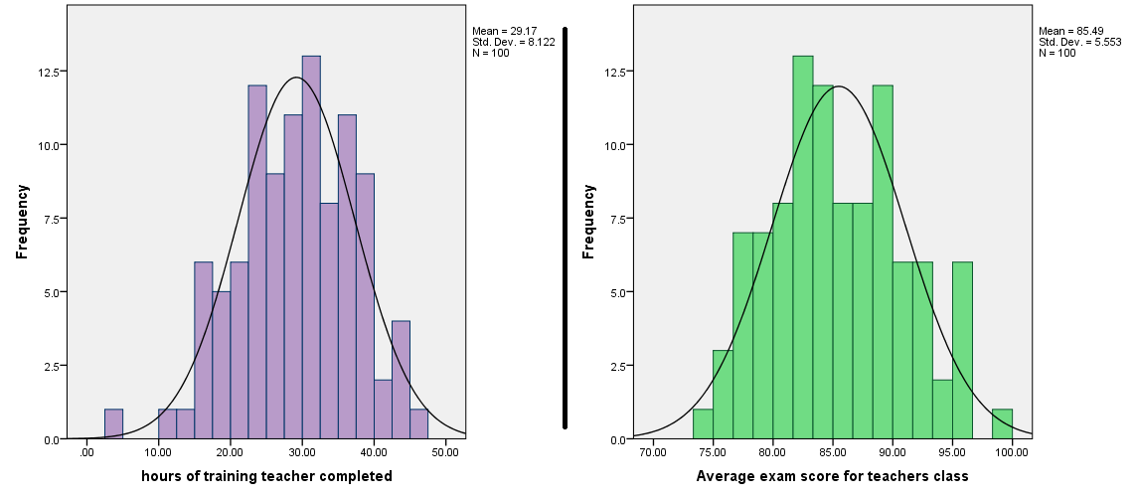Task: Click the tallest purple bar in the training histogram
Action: pos(311,248)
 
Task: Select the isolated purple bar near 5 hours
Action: pos(113,424)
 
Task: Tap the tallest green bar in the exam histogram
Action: pos(803,248)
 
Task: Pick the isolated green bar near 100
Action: pos(1002,424)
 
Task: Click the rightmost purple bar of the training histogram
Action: pos(418,424)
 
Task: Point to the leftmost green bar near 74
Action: pos(703,424)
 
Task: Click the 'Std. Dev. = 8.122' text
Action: pos(514,42)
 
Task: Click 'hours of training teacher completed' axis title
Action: pos(266,477)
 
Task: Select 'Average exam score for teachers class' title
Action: pos(832,477)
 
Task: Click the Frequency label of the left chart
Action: pos(22,221)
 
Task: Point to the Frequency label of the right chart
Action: pos(588,221)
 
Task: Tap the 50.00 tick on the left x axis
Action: pos(445,453)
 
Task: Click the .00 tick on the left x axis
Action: pos(87,453)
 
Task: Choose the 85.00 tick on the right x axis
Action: pos(833,453)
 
